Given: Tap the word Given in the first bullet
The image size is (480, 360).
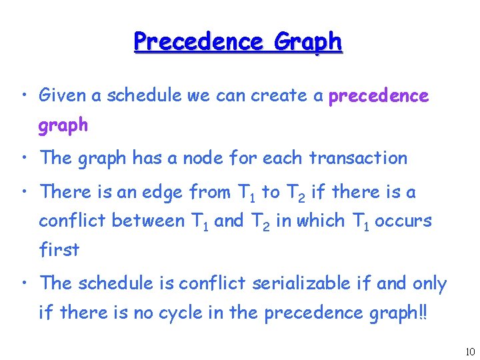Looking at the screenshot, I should pyautogui.click(x=63, y=95).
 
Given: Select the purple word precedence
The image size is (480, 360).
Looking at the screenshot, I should pyautogui.click(x=379, y=96).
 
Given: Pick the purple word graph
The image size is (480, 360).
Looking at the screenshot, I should pyautogui.click(x=63, y=125).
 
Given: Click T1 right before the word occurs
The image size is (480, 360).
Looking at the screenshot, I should pyautogui.click(x=359, y=221).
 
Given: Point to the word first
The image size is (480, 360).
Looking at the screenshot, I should pyautogui.click(x=59, y=250).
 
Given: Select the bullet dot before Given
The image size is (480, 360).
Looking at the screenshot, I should pyautogui.click(x=24, y=96).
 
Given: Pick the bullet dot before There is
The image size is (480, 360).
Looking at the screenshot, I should pyautogui.click(x=24, y=193).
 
